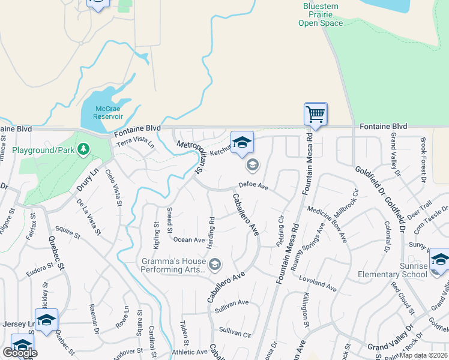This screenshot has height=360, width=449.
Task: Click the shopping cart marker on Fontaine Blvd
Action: point(315,114)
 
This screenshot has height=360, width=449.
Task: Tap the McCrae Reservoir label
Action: point(109,112)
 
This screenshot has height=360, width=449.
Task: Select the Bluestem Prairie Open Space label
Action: point(321,14)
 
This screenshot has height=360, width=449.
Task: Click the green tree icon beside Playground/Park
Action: point(84,148)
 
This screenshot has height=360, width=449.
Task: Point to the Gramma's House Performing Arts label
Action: point(173,265)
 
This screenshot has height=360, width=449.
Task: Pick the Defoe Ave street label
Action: point(253,185)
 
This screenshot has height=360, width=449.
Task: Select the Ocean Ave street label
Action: point(189,240)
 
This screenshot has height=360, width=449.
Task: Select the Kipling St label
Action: point(155,235)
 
